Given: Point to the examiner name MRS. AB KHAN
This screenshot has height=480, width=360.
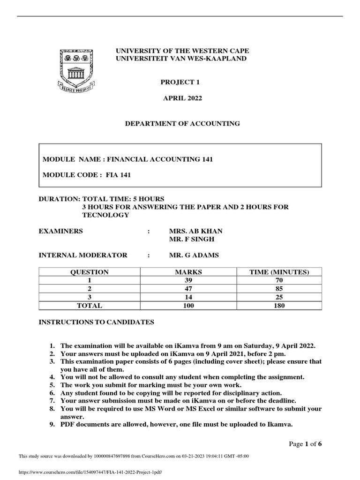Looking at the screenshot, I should tap(195, 231).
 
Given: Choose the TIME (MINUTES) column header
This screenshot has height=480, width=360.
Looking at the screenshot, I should tap(280, 272).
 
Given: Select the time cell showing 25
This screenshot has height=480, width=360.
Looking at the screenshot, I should tap(280, 297).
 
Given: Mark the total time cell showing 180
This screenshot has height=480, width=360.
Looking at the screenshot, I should tap(280, 306).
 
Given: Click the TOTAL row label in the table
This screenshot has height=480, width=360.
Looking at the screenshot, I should tap(89, 306).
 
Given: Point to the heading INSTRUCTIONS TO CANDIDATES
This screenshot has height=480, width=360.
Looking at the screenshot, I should tap(96, 322).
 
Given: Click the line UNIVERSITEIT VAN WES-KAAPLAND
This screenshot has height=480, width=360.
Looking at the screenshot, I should tap(180, 58).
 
